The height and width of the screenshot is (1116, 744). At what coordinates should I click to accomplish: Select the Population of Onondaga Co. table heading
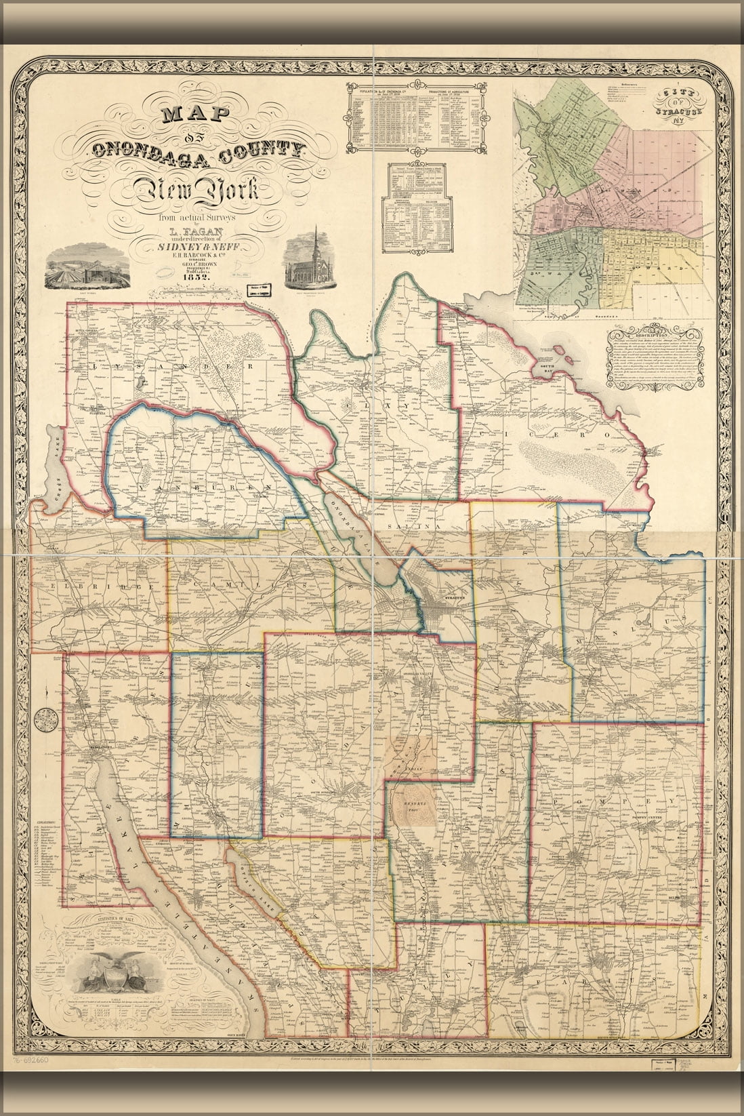[x=384, y=89]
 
